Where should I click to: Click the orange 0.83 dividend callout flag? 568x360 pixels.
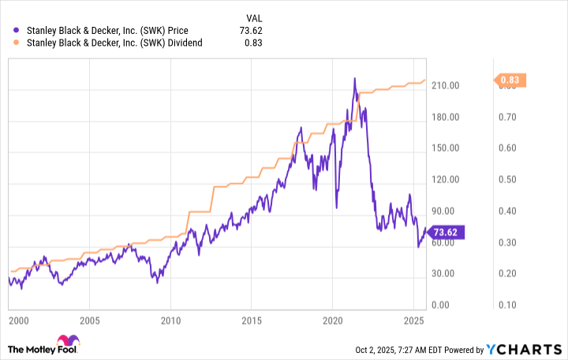509,80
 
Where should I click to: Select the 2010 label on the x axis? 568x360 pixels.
170,322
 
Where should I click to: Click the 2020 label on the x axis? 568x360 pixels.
332,322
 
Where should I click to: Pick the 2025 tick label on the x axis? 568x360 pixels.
413,322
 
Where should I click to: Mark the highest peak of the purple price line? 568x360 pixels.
354,78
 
